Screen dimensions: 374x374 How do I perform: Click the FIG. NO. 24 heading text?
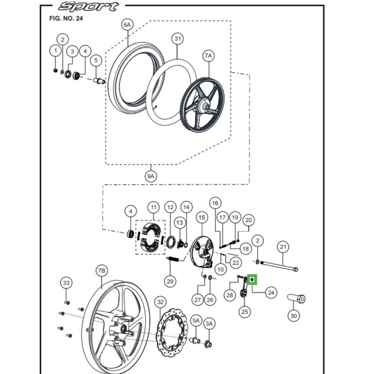coord(66,19)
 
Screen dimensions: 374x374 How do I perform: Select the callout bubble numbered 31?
coord(177,39)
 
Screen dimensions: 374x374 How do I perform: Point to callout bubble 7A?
coord(208,56)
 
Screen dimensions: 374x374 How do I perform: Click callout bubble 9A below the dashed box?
coord(151,177)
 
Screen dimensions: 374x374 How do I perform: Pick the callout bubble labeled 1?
coord(56,50)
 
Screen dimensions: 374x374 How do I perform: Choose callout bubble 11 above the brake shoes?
coord(153,207)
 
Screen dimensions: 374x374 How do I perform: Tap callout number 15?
coord(201,217)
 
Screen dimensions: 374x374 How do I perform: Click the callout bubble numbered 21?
coord(283,247)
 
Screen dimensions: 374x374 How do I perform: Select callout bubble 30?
coord(294,316)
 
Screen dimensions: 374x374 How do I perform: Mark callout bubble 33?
coord(66,283)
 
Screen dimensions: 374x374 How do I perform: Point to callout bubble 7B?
coord(102,271)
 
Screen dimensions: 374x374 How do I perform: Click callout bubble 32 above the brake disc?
coord(160,302)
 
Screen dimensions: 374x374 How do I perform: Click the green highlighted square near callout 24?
coord(252,280)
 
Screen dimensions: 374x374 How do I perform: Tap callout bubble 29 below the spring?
coord(170,281)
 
